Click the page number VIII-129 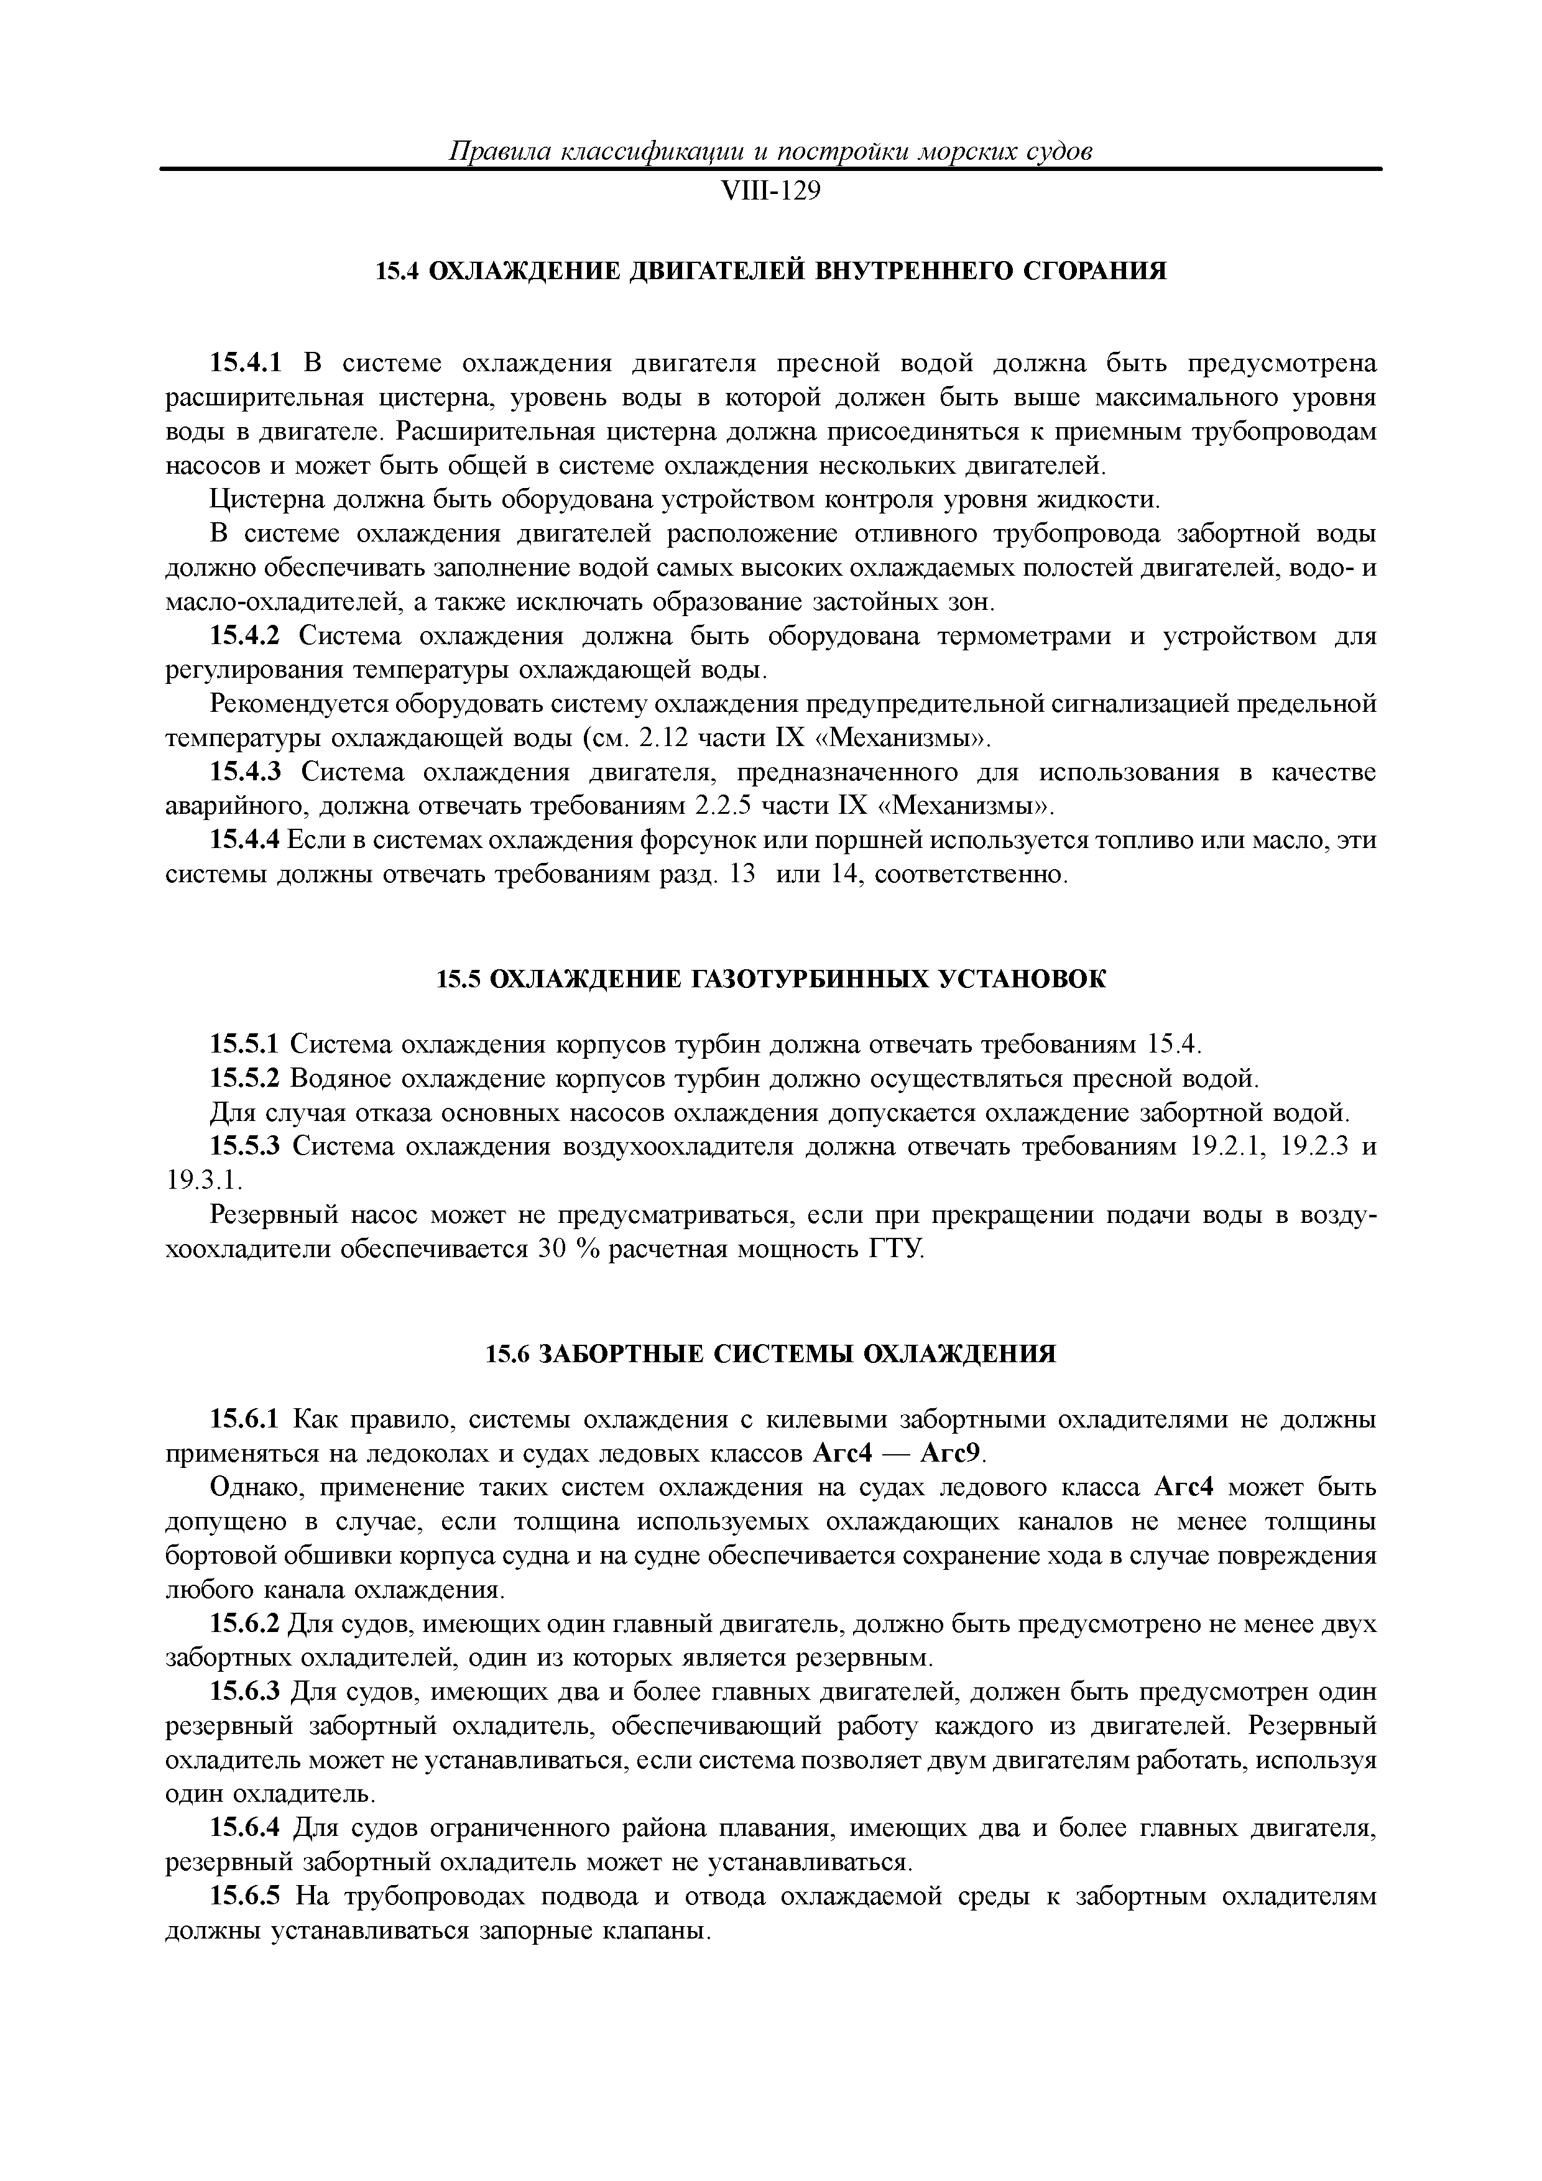pyautogui.click(x=770, y=192)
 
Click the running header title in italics pyautogui.click(x=770, y=151)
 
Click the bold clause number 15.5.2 pyautogui.click(x=245, y=1079)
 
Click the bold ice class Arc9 pyautogui.click(x=961, y=1454)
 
